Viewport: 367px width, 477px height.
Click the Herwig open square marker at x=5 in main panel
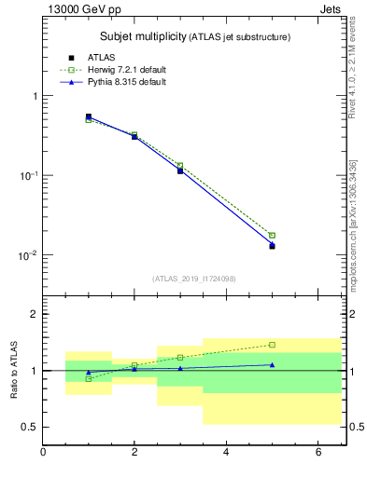pyautogui.click(x=272, y=236)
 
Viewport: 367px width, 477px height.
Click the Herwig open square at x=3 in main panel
pyautogui.click(x=180, y=166)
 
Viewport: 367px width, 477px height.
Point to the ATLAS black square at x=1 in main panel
pyautogui.click(x=89, y=116)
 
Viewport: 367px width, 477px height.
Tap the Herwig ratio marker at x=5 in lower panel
pyautogui.click(x=272, y=345)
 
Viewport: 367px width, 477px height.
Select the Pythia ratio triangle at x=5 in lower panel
pyautogui.click(x=272, y=364)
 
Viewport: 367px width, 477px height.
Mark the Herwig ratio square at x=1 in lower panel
pyautogui.click(x=89, y=378)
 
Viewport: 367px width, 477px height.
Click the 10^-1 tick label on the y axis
pyautogui.click(x=27, y=176)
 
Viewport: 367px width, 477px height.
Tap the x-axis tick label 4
pyautogui.click(x=226, y=453)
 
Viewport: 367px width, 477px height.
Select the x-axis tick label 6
pyautogui.click(x=318, y=453)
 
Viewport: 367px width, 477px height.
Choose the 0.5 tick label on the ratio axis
pyautogui.click(x=28, y=427)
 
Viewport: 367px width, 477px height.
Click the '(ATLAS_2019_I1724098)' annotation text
pyautogui.click(x=195, y=278)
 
